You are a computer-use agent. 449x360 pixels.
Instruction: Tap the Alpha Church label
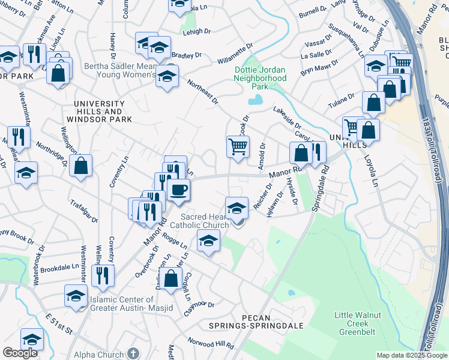[x=100, y=355]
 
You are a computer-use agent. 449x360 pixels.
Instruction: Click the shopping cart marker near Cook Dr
[x=238, y=146]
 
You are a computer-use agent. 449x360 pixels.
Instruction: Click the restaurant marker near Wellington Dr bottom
[x=103, y=275]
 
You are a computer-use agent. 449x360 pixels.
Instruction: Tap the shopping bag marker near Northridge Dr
[x=80, y=164]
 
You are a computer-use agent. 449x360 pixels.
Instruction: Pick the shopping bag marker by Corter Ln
[x=171, y=278]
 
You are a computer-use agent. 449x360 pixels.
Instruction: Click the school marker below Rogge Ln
[x=208, y=242]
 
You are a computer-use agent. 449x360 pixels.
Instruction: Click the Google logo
[x=20, y=353]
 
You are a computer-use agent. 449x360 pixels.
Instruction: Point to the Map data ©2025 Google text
[x=411, y=355]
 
